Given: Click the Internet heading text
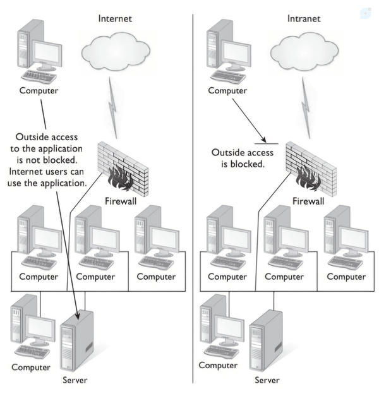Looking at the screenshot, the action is [x=115, y=18].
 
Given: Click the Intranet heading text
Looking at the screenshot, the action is [x=304, y=18].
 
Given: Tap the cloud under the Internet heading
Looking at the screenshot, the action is [x=116, y=51].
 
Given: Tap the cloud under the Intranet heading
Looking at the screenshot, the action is [x=304, y=51].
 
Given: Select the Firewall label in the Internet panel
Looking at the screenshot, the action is [x=121, y=201].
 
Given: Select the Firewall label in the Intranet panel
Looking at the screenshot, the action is [x=308, y=201].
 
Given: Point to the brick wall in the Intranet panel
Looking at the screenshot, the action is [x=311, y=169].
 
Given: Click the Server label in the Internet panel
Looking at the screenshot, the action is [x=75, y=380].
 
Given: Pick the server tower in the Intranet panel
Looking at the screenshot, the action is [x=266, y=340].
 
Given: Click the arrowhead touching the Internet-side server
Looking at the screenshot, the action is [x=77, y=316].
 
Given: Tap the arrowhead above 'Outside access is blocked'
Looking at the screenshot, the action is [x=263, y=140].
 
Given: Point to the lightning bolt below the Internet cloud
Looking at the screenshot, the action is [x=113, y=108].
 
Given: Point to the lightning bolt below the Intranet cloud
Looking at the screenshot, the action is [x=306, y=108].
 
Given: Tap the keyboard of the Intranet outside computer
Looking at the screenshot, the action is [x=228, y=76].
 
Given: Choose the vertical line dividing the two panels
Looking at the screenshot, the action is [x=193, y=199].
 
